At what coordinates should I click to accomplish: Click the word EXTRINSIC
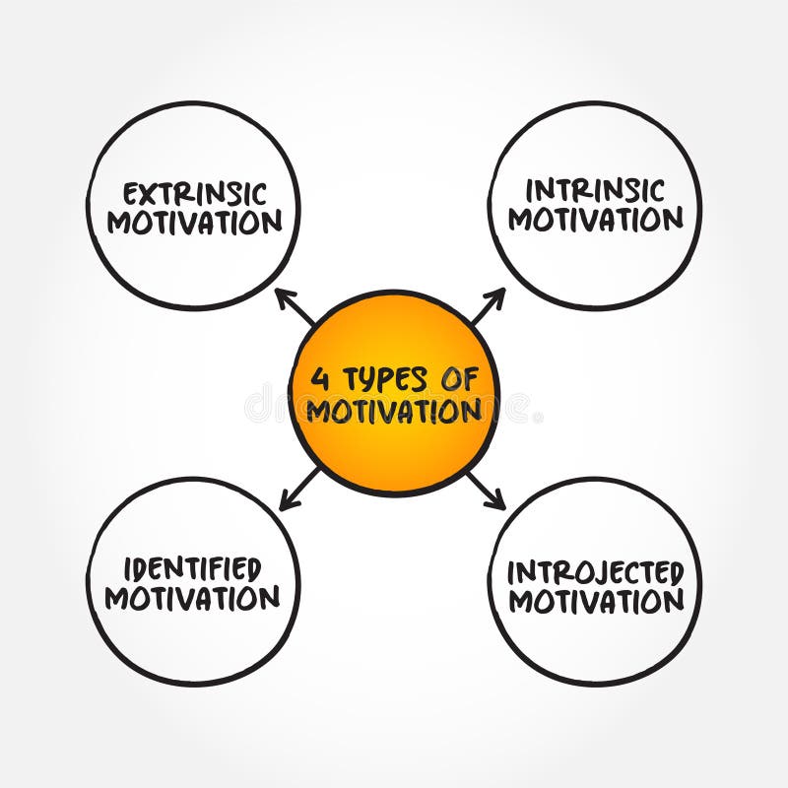click(194, 194)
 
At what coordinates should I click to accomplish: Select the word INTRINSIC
click(595, 190)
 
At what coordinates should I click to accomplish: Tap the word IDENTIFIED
click(193, 568)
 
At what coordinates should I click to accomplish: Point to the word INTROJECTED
click(595, 571)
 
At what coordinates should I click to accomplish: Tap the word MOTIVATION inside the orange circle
click(394, 410)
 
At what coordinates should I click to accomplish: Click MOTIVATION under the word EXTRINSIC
click(194, 223)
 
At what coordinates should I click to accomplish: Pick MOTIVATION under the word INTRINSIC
click(595, 219)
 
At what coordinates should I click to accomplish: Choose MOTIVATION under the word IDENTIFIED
click(193, 598)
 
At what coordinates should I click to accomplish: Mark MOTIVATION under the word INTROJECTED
click(595, 601)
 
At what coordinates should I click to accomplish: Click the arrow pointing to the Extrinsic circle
click(294, 306)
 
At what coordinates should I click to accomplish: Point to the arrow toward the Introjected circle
click(487, 491)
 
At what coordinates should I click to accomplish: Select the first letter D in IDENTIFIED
click(142, 568)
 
